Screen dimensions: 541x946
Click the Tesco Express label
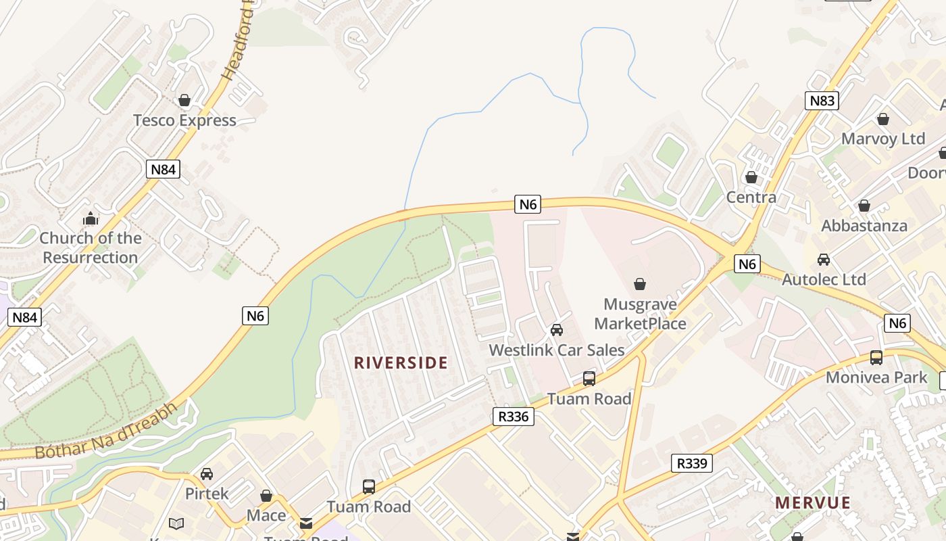[184, 120]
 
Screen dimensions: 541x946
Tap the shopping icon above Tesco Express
[184, 101]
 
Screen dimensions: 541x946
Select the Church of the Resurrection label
[91, 248]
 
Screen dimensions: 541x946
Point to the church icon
[91, 218]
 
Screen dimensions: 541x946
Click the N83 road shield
[822, 101]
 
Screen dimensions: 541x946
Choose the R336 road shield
[513, 417]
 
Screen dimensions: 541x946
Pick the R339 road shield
[692, 463]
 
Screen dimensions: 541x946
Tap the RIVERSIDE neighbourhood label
[401, 362]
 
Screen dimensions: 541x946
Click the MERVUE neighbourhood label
[813, 502]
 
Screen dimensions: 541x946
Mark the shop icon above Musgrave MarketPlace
[640, 284]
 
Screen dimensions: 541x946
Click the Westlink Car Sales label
[557, 350]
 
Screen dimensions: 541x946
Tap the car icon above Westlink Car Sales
[557, 330]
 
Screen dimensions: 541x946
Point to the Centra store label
[751, 197]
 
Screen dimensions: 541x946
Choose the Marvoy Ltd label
[883, 139]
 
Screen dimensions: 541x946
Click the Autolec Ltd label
[824, 279]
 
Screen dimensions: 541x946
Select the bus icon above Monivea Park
[876, 358]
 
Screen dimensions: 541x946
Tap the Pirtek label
[207, 494]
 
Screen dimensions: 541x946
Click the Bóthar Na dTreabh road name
[107, 431]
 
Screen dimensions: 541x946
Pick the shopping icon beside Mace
[266, 496]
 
